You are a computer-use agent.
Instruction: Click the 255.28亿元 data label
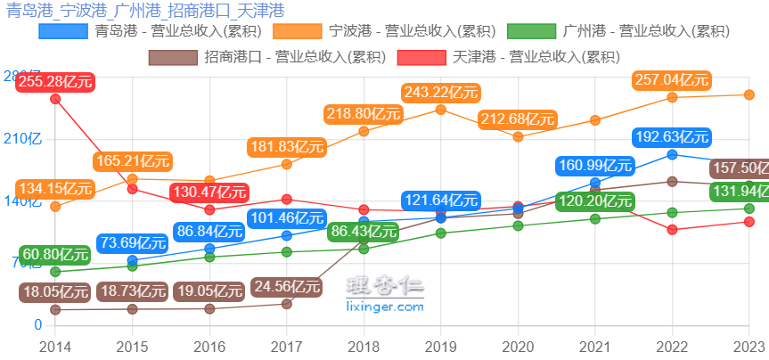click(x=54, y=82)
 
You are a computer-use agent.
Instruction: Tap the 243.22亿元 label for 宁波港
click(x=441, y=93)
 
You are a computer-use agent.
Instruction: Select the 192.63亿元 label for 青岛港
click(x=672, y=137)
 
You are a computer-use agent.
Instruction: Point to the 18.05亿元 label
click(x=54, y=291)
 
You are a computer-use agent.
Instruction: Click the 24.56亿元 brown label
click(x=287, y=287)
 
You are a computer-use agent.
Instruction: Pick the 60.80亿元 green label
click(x=54, y=254)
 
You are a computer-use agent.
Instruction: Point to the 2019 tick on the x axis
click(x=441, y=346)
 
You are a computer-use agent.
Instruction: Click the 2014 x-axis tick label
click(x=55, y=346)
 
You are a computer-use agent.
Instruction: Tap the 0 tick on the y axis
click(x=37, y=325)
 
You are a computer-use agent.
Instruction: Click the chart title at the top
click(x=145, y=11)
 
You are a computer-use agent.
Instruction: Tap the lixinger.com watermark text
click(x=384, y=307)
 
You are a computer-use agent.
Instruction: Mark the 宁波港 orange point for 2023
click(x=749, y=94)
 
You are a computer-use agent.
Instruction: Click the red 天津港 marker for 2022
click(x=672, y=230)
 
